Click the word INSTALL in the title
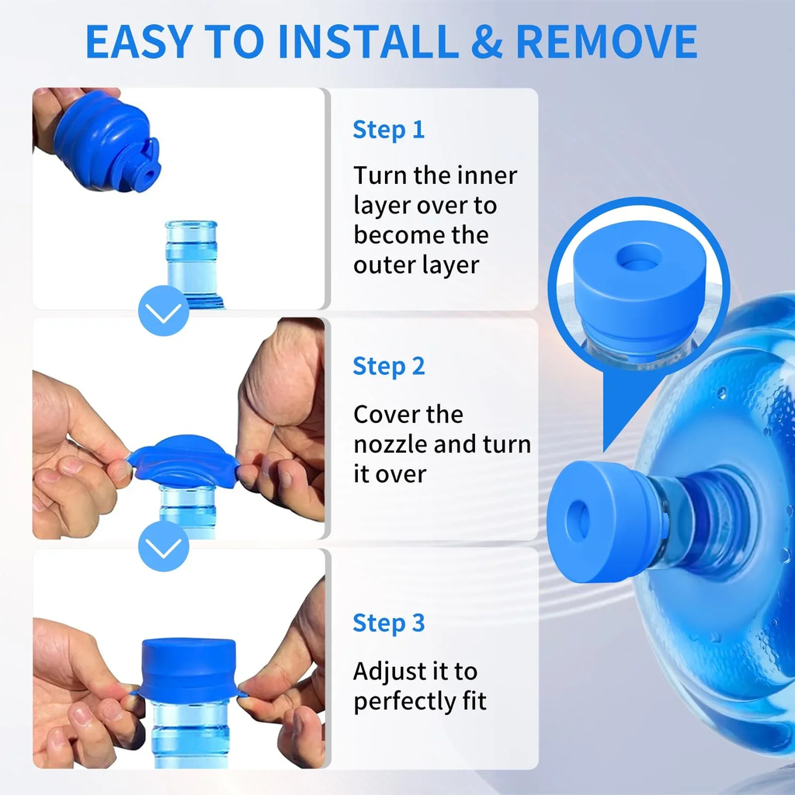pos(369,42)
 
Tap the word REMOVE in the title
pos(606,42)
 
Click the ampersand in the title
pos(487,42)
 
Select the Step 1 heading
pos(388,130)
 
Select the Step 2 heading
pos(388,366)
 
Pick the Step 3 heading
pos(388,623)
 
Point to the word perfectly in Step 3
pos(404,702)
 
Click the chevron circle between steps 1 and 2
pos(163,311)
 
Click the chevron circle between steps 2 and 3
pos(163,546)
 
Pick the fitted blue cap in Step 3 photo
pos(188,669)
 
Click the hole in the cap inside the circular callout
pos(640,256)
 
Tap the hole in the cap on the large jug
pos(580,520)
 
